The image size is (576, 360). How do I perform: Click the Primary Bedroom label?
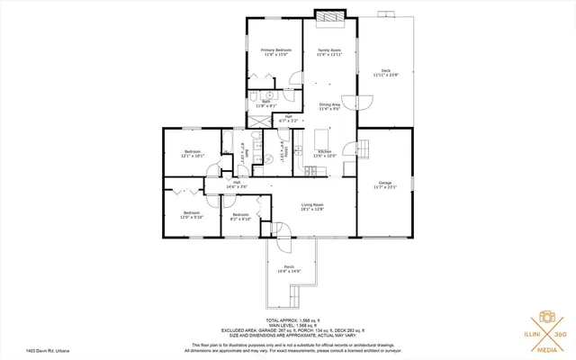276,49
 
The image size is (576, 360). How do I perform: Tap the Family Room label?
329,49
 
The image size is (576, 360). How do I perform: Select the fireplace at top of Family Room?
329,16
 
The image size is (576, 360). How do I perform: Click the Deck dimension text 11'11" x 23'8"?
385,75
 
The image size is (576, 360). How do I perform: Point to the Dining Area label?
329,104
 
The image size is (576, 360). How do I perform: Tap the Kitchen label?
325,151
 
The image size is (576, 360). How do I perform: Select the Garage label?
385,183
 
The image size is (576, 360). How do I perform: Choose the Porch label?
289,266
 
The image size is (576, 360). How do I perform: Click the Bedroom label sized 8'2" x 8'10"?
240,216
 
